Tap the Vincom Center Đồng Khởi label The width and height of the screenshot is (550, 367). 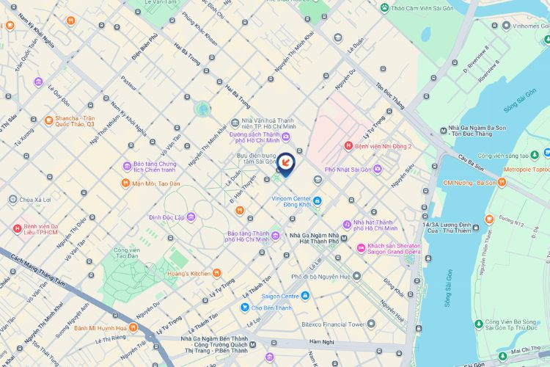click(293, 202)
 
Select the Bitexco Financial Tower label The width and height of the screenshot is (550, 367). click(334, 324)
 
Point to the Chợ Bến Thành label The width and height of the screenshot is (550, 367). click(268, 307)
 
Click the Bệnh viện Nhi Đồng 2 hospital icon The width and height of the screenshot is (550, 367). click(348, 146)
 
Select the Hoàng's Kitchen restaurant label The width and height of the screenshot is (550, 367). click(190, 273)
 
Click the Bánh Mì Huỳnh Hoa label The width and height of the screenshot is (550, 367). click(100, 327)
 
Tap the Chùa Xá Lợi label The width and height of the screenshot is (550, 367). click(37, 200)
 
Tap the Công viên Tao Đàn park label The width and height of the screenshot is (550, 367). click(127, 253)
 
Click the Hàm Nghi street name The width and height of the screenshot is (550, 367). click(321, 341)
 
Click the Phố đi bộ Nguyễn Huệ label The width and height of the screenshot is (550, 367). click(326, 276)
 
